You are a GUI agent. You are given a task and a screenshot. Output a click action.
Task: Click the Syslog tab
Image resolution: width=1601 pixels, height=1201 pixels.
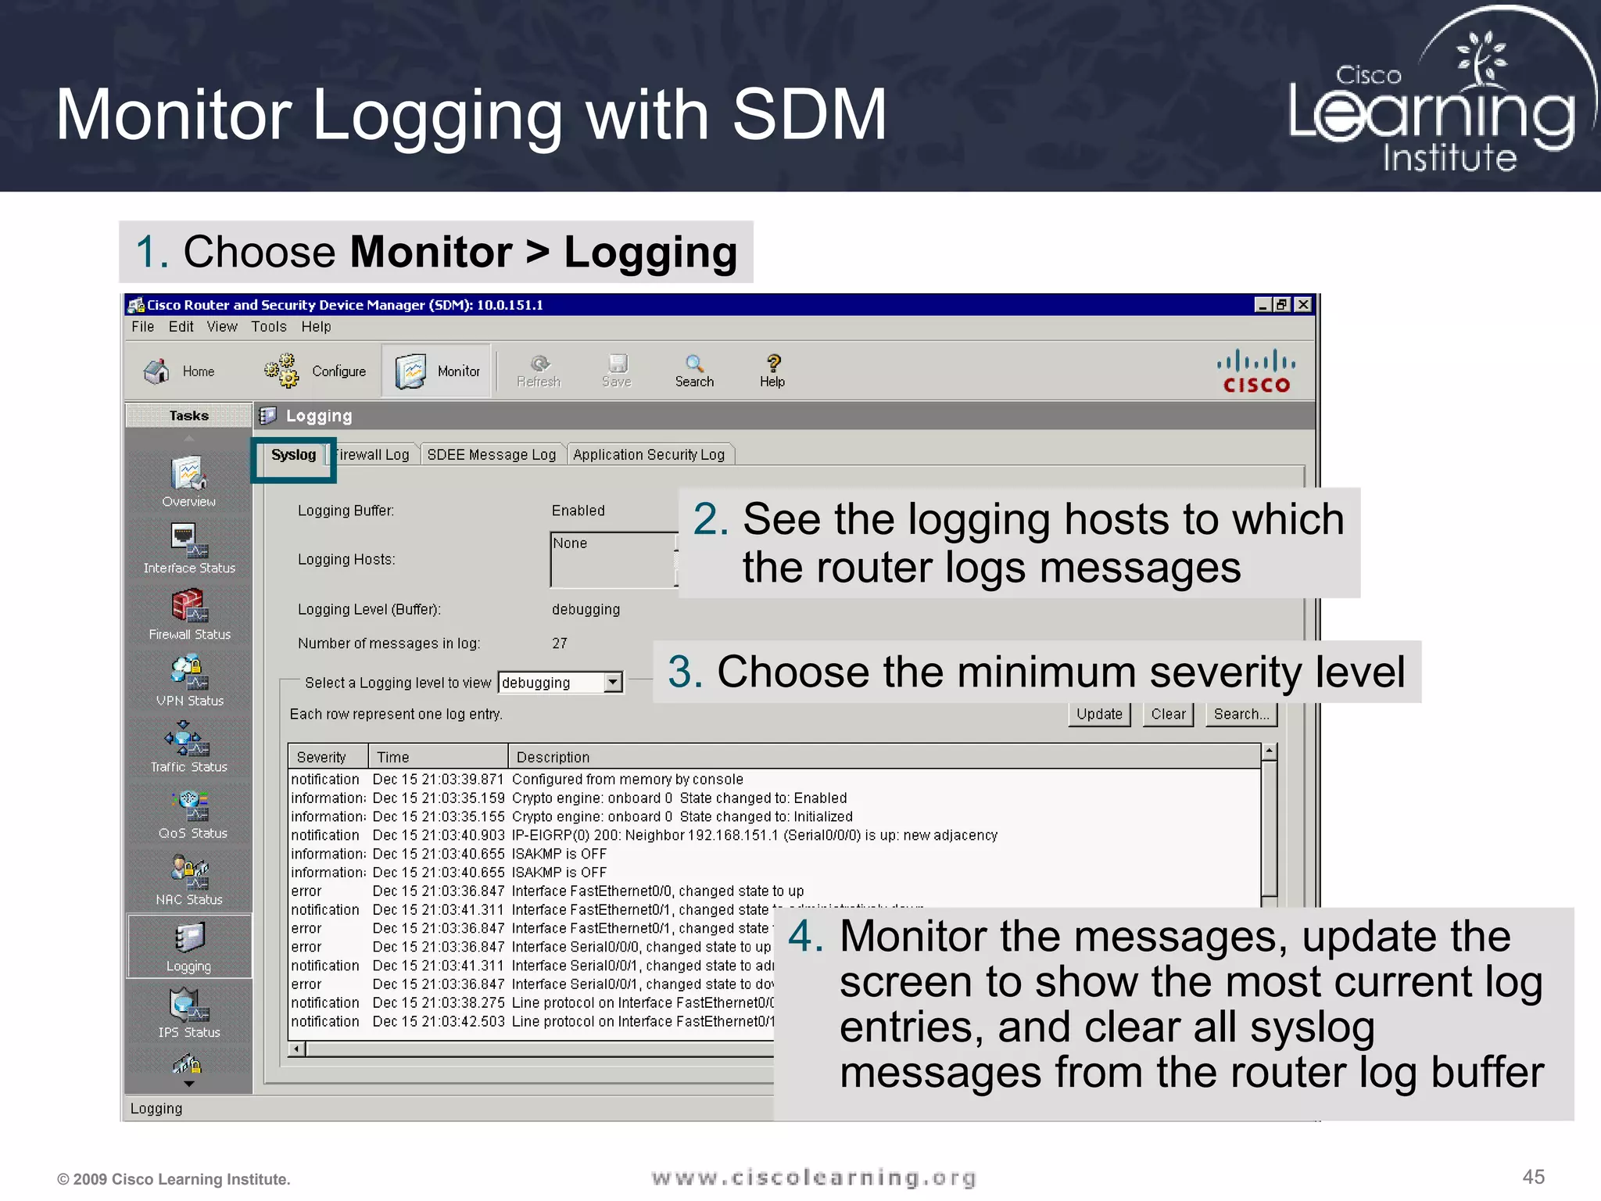(x=293, y=455)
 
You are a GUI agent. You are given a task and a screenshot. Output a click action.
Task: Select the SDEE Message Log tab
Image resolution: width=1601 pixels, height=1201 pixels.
(x=491, y=455)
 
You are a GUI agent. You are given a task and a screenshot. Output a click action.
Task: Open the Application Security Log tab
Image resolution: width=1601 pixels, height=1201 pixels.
(x=649, y=455)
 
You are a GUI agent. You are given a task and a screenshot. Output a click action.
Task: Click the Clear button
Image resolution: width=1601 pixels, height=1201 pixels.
(x=1168, y=714)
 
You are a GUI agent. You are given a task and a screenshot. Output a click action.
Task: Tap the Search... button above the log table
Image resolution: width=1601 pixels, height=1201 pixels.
(x=1241, y=714)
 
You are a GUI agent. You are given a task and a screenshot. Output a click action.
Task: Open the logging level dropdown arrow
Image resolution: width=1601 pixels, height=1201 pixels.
(x=614, y=683)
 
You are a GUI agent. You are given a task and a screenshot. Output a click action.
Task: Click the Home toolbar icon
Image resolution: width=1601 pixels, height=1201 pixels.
(x=157, y=371)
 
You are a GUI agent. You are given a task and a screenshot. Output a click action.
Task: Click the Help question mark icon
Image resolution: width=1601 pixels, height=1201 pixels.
(x=772, y=364)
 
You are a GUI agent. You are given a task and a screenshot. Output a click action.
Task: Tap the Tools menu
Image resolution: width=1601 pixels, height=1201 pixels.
(x=268, y=327)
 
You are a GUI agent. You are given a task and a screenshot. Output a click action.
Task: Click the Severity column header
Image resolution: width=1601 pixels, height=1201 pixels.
(x=321, y=757)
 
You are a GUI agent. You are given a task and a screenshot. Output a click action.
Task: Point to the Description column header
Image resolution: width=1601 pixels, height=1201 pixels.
(x=553, y=757)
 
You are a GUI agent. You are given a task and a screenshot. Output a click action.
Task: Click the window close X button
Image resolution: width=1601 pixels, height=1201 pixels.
(x=1302, y=305)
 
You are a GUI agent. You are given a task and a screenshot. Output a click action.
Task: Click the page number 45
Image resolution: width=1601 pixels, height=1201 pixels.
(x=1533, y=1177)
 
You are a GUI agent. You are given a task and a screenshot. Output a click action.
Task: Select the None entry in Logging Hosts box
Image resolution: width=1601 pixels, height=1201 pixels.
(x=570, y=543)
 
